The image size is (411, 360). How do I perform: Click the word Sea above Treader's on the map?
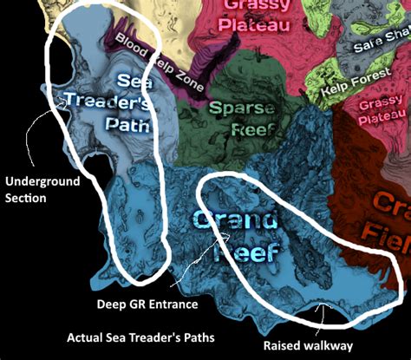tap(128, 81)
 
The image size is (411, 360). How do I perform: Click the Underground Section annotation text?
tap(41, 189)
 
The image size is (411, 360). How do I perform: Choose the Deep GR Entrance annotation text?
tap(147, 304)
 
